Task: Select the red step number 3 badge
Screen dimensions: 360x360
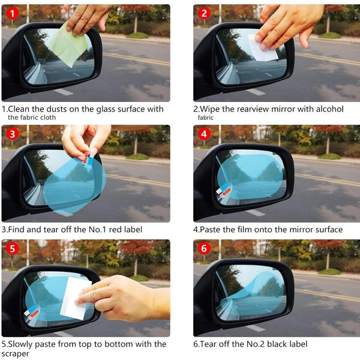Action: click(x=12, y=134)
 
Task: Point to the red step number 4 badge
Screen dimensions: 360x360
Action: click(x=205, y=134)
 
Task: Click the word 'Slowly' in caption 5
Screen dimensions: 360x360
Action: click(x=24, y=344)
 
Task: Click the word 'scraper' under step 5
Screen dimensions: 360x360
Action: click(x=18, y=353)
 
